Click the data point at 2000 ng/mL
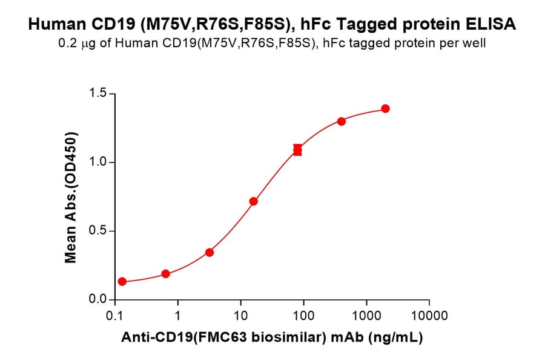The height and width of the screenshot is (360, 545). tap(385, 108)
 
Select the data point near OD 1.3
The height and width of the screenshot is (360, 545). tap(342, 121)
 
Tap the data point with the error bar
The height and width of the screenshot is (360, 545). tap(297, 150)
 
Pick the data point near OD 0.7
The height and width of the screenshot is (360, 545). tap(254, 201)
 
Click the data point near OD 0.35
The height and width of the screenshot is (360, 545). tap(210, 252)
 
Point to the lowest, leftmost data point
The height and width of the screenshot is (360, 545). tap(122, 281)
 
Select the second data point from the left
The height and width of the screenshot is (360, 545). tap(166, 274)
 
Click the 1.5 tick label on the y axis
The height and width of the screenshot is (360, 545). tap(97, 94)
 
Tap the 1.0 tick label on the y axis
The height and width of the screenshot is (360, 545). tap(97, 162)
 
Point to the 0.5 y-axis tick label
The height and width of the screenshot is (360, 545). tap(97, 231)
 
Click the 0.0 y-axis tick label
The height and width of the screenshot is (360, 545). tap(97, 299)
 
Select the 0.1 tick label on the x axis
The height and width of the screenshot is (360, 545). tap(114, 316)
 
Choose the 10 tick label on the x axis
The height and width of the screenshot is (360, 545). tap(240, 316)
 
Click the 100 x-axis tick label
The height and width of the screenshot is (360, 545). tap(303, 316)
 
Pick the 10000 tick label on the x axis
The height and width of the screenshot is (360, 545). tap(429, 316)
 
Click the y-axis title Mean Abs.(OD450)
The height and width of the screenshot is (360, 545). tap(71, 197)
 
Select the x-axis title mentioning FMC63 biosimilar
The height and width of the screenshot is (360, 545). tap(272, 338)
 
